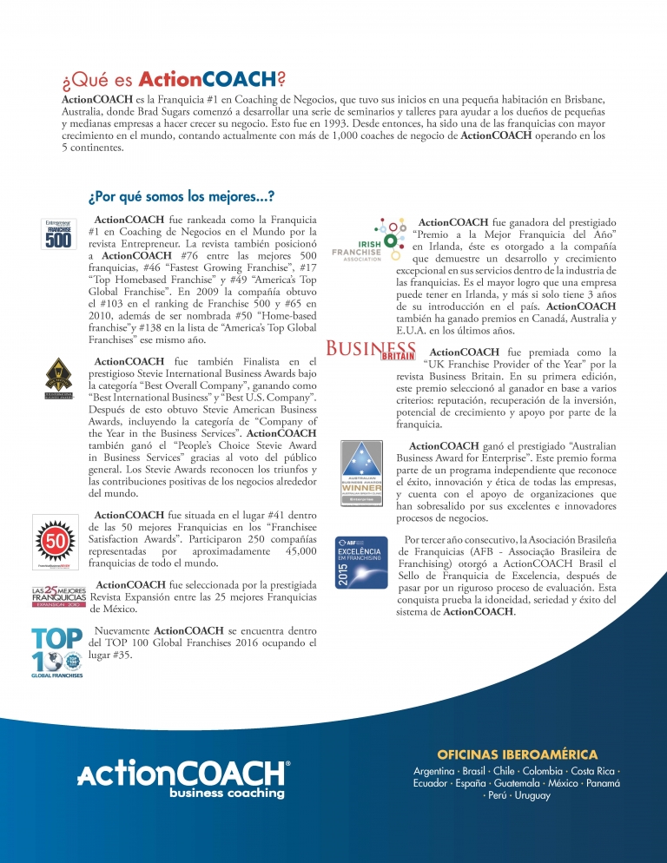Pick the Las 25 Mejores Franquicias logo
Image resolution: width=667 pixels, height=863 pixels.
[58, 596]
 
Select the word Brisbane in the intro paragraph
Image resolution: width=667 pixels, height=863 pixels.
[580, 101]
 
